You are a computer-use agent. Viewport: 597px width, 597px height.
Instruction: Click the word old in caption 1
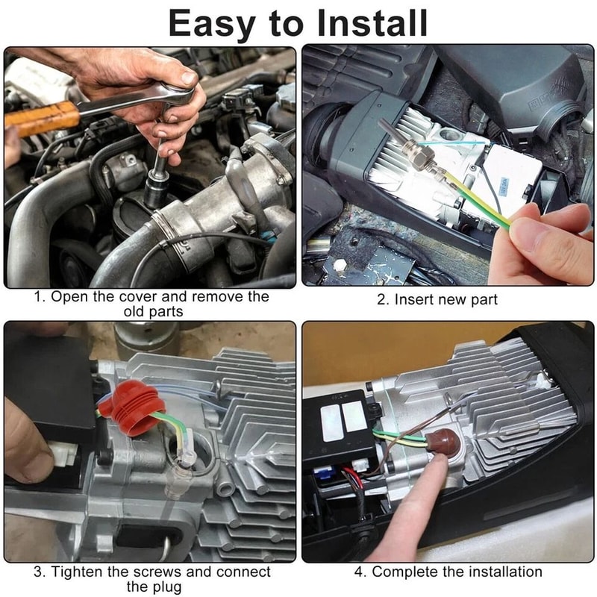(x=136, y=311)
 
